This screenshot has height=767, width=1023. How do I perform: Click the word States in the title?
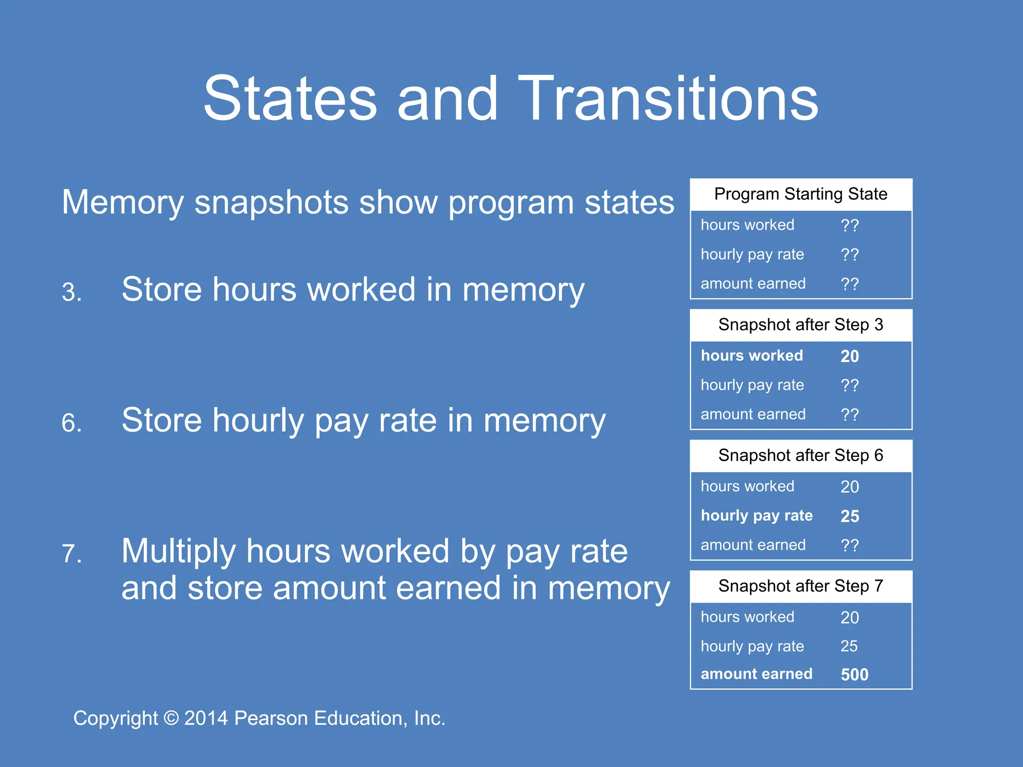[x=290, y=98]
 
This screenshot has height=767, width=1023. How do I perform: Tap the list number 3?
[x=71, y=292]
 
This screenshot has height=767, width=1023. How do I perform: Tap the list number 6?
[x=71, y=423]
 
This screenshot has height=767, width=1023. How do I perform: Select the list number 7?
[x=71, y=554]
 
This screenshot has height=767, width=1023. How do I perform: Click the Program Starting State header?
[x=801, y=194]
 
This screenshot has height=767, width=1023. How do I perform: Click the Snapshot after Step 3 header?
[x=801, y=325]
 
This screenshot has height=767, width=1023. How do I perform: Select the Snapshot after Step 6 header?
[x=801, y=455]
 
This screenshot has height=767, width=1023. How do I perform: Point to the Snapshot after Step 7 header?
[x=801, y=586]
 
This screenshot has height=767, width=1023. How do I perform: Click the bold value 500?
[x=854, y=675]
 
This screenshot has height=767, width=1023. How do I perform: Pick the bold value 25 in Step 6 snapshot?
[x=850, y=516]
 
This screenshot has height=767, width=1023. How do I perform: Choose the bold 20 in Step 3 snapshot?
[x=850, y=356]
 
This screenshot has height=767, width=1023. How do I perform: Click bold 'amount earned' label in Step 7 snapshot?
[x=756, y=674]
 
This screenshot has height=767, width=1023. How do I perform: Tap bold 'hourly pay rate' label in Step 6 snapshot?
[x=756, y=515]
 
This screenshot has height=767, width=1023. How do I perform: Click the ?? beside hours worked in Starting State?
[x=850, y=225]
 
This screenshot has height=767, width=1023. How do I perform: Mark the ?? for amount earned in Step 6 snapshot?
[x=850, y=545]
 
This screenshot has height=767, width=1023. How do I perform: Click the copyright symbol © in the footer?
[x=171, y=719]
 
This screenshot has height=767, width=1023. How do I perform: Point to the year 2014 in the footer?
[x=206, y=719]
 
